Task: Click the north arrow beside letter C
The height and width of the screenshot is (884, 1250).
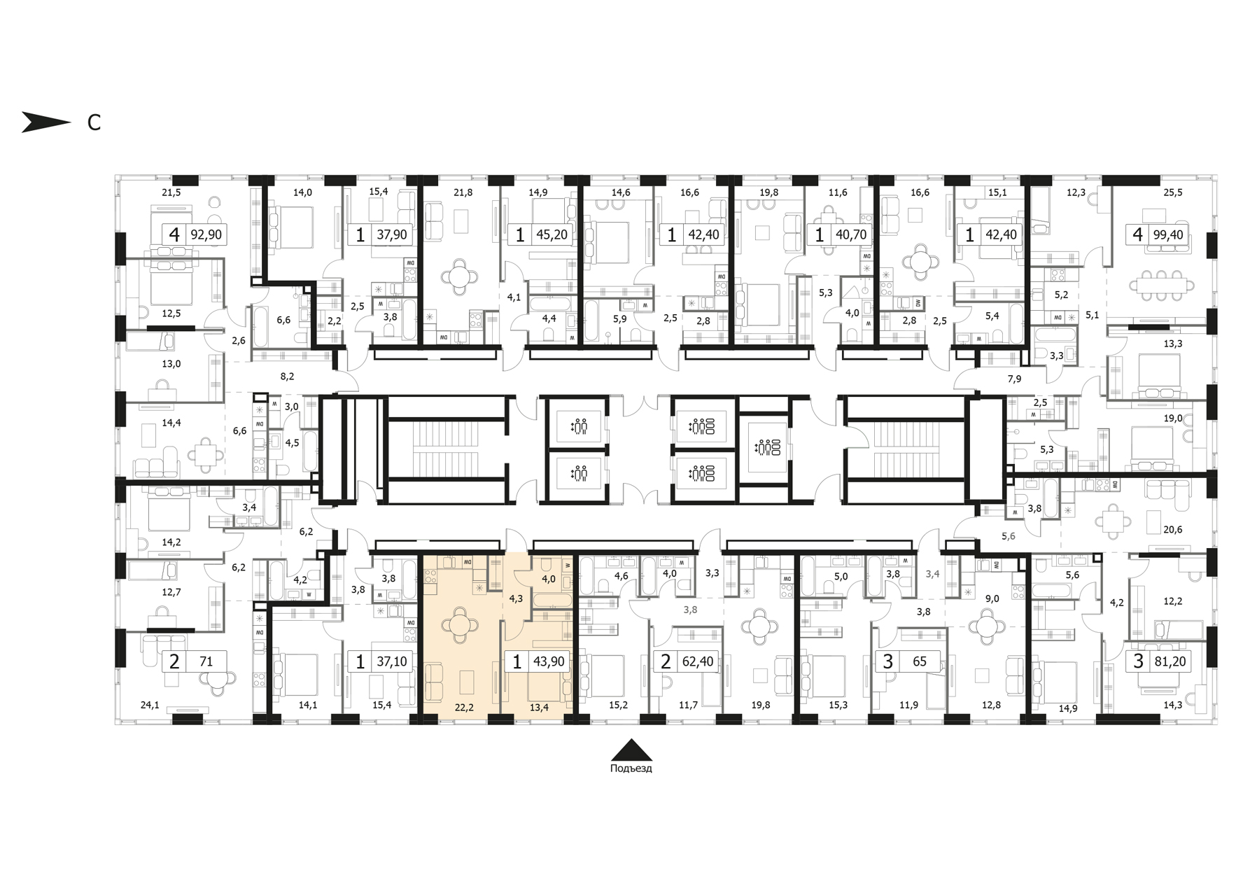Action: click(46, 122)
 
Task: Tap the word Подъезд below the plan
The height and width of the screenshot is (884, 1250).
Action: click(631, 769)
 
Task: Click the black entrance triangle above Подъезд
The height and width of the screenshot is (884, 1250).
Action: click(631, 750)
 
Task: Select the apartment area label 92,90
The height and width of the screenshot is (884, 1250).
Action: click(206, 234)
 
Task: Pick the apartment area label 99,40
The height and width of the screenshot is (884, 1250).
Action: click(1168, 234)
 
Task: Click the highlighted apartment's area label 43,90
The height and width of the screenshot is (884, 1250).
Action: click(549, 661)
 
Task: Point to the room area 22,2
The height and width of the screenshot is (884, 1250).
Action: click(464, 708)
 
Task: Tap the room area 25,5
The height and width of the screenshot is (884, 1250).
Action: click(1173, 192)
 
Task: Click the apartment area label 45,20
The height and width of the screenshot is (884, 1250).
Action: click(552, 234)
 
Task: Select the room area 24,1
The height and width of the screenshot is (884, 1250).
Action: click(150, 706)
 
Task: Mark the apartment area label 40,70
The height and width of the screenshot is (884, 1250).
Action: click(851, 234)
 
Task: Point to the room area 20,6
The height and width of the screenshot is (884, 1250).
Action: click(1172, 530)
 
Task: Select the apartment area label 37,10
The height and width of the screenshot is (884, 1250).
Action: click(392, 661)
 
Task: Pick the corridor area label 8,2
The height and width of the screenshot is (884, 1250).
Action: click(287, 377)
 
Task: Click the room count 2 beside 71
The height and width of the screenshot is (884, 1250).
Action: click(174, 661)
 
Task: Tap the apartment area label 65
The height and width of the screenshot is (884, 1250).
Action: click(920, 661)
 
